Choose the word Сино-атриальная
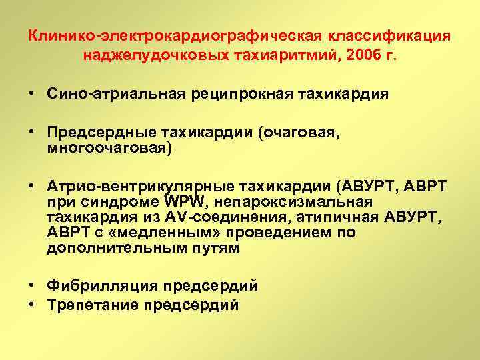(105, 94)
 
